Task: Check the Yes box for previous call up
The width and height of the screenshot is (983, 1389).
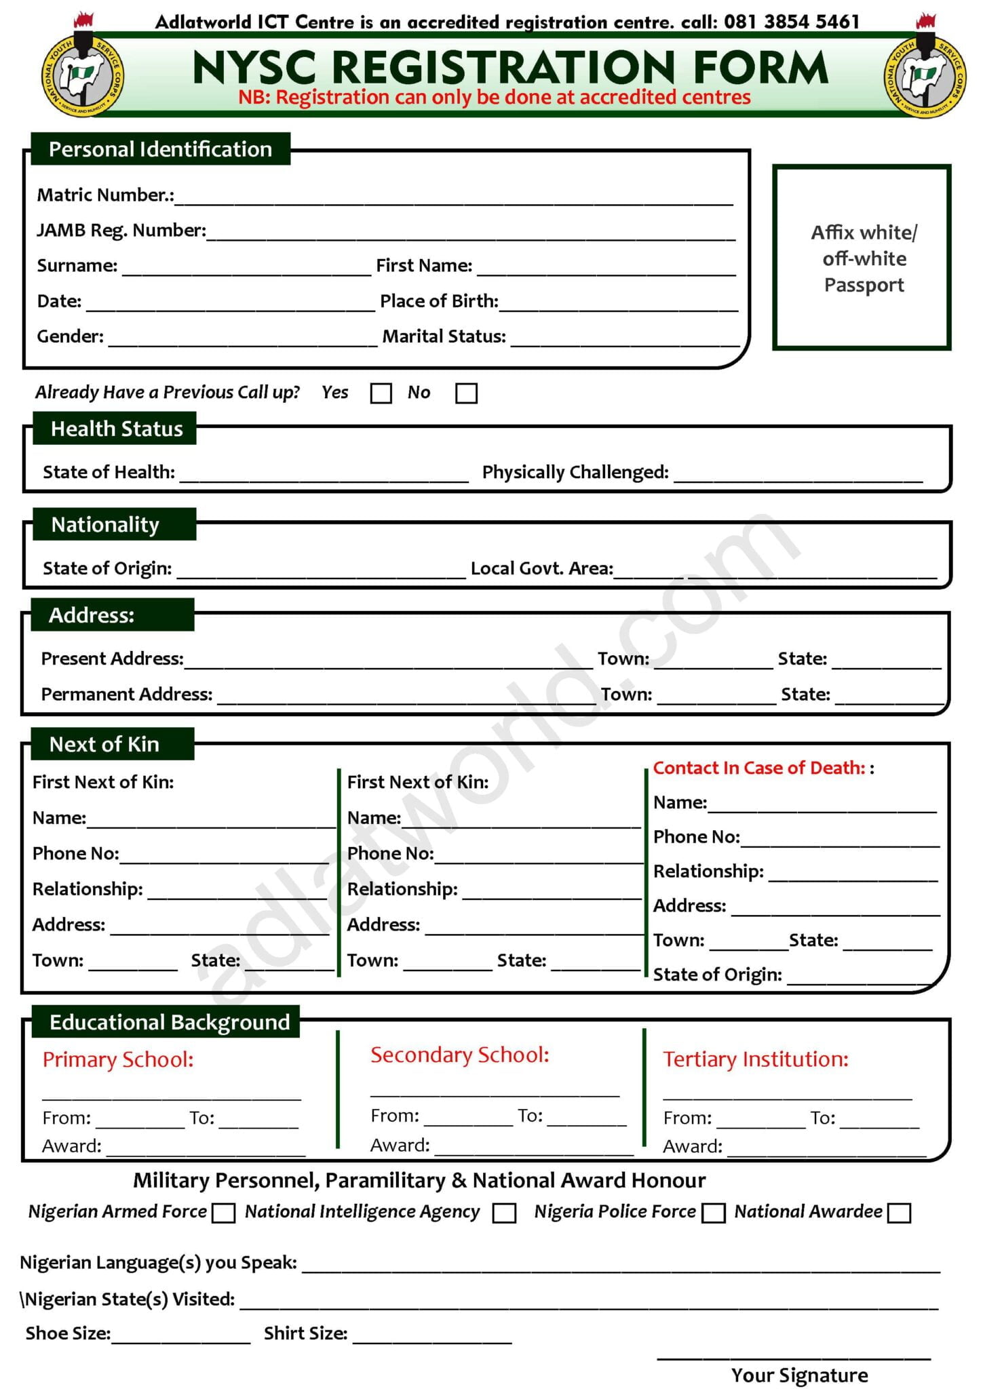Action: [x=381, y=393]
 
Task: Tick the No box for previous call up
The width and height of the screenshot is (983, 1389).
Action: [x=466, y=393]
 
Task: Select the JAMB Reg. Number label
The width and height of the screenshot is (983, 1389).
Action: [x=121, y=231]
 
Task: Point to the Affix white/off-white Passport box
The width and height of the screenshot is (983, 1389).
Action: [x=862, y=258]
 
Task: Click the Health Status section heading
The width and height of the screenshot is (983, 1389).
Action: [x=116, y=429]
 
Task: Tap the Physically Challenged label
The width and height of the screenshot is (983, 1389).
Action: [x=575, y=472]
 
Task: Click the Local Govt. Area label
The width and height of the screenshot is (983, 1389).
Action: [x=541, y=568]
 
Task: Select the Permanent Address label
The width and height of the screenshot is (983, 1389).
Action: [x=127, y=694]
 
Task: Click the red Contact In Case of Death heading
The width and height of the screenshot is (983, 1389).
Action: [x=759, y=768]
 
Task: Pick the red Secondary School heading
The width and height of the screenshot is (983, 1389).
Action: [x=459, y=1055]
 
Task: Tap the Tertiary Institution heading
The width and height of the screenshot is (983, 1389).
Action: [x=755, y=1059]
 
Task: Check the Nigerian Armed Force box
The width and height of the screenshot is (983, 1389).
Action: [x=223, y=1213]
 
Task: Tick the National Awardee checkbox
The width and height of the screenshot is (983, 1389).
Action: [x=898, y=1213]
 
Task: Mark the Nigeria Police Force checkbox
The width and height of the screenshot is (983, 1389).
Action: [x=713, y=1213]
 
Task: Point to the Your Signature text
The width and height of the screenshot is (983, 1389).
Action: [x=799, y=1375]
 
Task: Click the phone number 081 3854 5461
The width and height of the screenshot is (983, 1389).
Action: [x=791, y=22]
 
